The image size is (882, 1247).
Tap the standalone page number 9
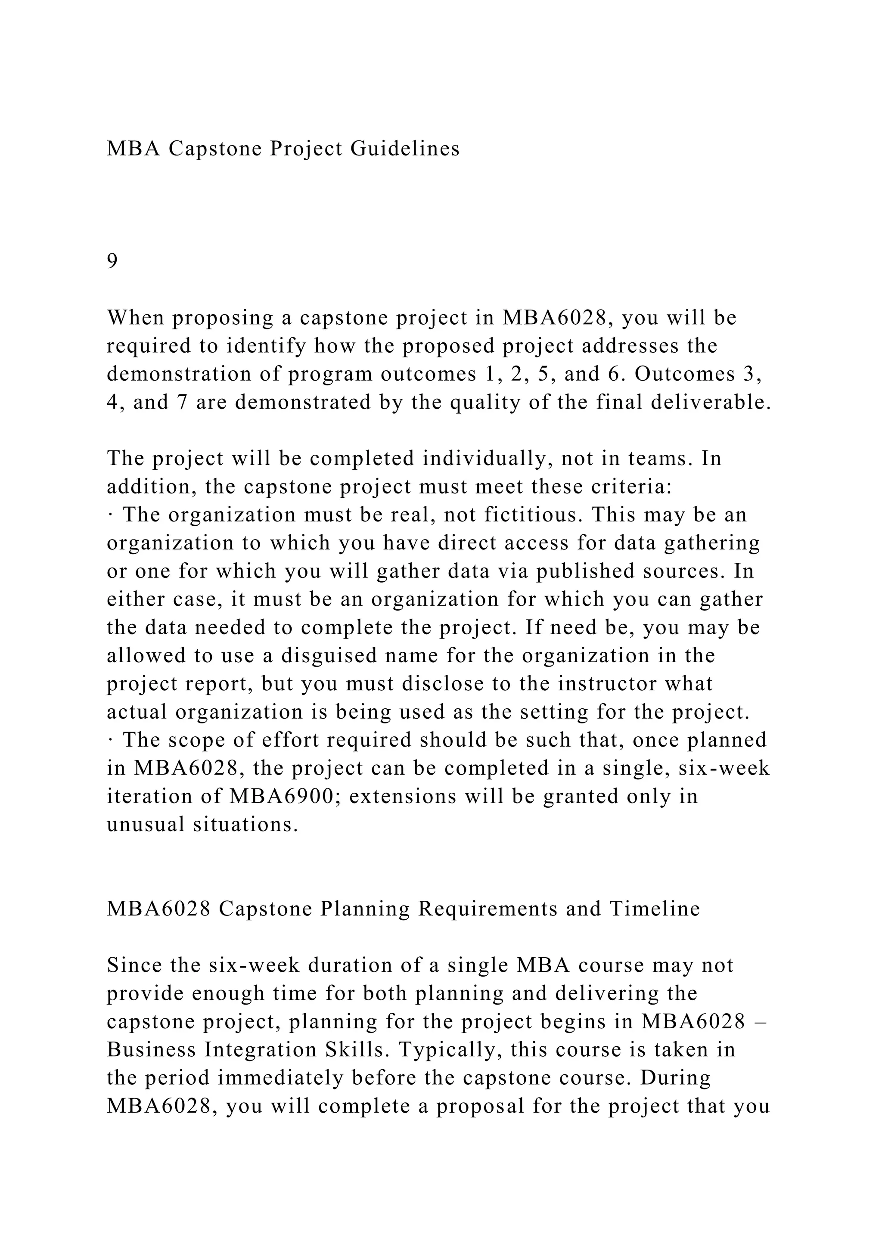point(112,262)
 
